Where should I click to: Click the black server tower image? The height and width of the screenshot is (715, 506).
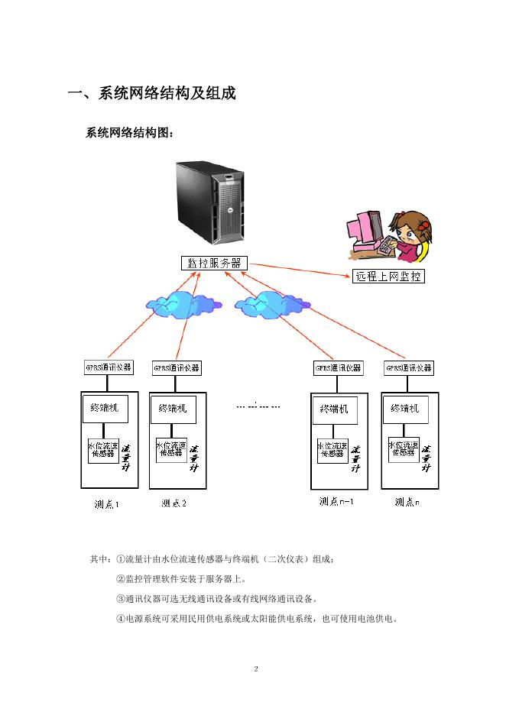pos(209,202)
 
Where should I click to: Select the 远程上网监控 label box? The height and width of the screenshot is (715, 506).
pos(388,277)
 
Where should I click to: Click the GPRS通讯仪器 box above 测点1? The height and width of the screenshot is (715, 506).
pos(108,367)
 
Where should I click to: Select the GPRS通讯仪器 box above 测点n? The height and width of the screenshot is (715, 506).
pos(409,368)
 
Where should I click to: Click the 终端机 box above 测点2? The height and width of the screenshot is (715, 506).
pos(173,408)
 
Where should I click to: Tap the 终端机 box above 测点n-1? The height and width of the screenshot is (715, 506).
pos(333,409)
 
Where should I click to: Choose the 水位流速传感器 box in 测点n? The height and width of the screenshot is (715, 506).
pos(404,449)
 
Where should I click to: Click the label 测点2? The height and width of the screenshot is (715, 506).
pos(174,503)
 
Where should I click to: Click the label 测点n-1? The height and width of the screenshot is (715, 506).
pos(336,502)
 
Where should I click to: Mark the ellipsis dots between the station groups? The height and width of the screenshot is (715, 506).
pos(258,406)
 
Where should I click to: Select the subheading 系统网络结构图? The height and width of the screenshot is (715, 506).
pos(130,134)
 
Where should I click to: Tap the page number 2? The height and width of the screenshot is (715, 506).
pos(256,669)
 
